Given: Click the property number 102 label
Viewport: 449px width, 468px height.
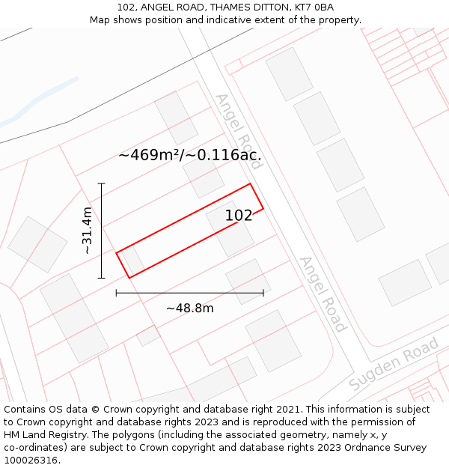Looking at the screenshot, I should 239,216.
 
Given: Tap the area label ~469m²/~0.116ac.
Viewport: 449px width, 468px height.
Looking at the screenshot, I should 189,156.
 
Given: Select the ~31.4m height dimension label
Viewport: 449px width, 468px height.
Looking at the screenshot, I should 87,231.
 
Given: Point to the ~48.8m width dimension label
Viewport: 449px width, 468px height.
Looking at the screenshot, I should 189,309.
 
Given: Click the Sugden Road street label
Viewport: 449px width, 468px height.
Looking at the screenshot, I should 394,365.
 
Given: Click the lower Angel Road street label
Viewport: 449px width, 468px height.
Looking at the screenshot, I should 323,294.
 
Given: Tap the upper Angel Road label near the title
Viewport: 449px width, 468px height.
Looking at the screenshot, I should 238,121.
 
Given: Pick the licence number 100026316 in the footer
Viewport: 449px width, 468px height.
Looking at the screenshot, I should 31,461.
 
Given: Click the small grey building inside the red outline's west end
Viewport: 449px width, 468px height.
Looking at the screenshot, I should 133,261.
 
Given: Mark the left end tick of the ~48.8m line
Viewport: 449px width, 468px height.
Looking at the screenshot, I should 116,293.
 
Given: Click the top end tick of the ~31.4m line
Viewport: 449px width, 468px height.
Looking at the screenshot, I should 101,183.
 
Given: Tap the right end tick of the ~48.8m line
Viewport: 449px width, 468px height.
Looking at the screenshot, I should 263,293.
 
